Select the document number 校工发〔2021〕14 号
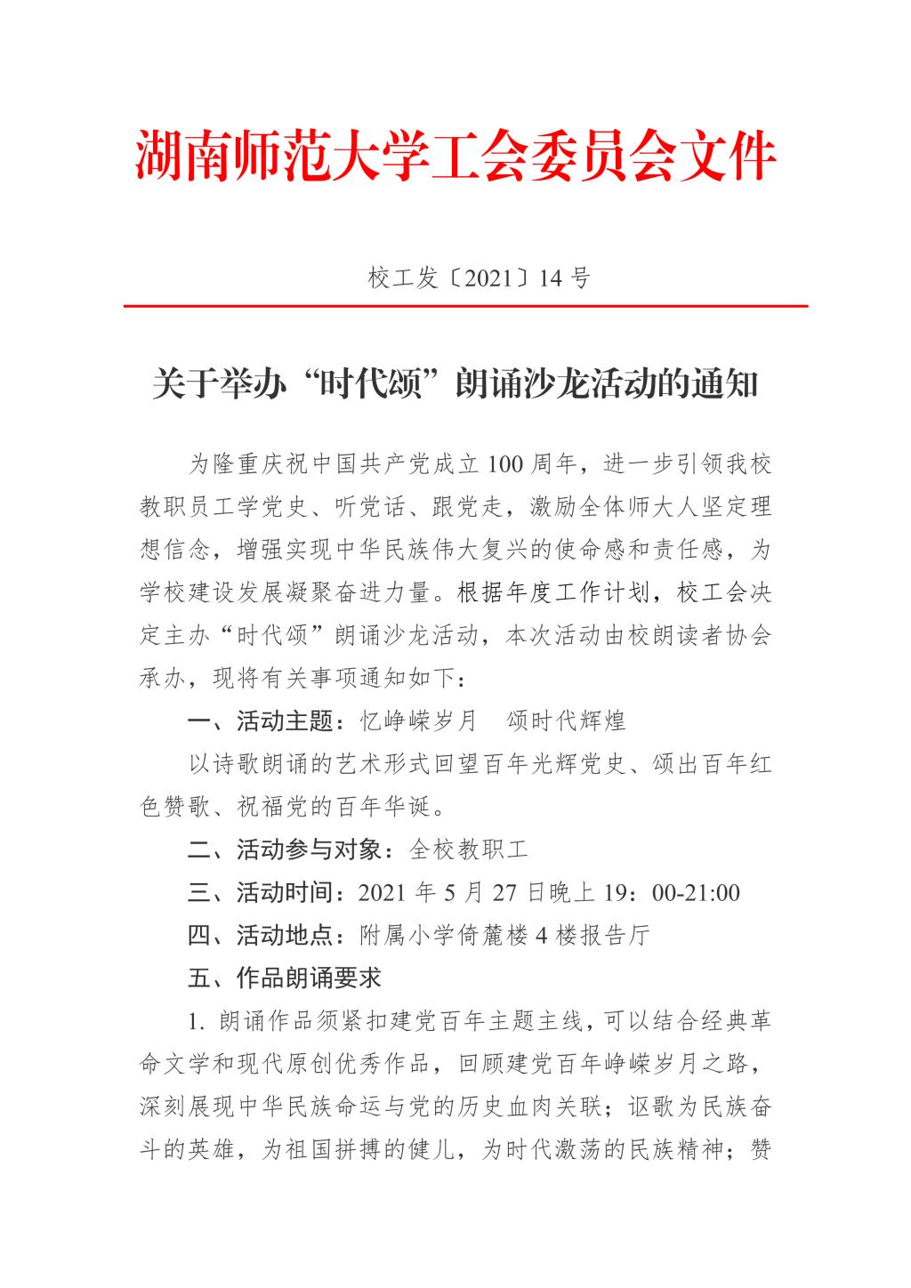tap(479, 278)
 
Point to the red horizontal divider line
tap(465, 306)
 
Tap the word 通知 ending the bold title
tap(727, 385)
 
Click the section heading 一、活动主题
tap(262, 720)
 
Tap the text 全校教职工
tap(468, 849)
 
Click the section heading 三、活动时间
tap(262, 892)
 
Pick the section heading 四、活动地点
tap(262, 935)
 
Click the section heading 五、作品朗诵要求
tap(286, 978)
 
